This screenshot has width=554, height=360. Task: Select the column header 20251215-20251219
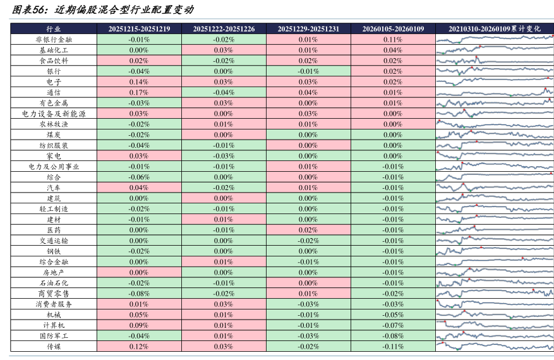point(139,28)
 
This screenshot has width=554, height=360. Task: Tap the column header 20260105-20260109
point(392,28)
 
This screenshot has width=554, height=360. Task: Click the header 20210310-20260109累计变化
point(495,28)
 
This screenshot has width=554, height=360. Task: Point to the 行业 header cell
point(54,28)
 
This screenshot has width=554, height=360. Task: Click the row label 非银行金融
point(54,39)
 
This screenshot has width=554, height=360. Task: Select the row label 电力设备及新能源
point(54,114)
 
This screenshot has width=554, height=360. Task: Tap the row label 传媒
point(54,346)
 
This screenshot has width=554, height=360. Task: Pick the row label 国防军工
point(54,336)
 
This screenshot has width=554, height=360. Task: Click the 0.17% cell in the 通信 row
point(139,92)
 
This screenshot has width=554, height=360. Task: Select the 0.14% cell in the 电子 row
point(139,81)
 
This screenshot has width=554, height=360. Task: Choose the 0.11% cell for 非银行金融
point(392,39)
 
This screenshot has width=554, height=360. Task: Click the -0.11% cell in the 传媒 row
point(392,346)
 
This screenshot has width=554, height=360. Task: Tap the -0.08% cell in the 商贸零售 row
point(139,294)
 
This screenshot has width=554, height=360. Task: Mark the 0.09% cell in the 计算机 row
point(139,325)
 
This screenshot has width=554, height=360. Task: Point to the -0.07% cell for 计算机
point(392,325)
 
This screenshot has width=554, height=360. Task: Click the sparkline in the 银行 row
point(495,71)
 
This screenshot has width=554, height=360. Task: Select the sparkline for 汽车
point(495,188)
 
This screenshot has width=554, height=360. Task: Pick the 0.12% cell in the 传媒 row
point(139,346)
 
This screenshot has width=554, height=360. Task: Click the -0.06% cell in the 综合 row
point(139,177)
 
